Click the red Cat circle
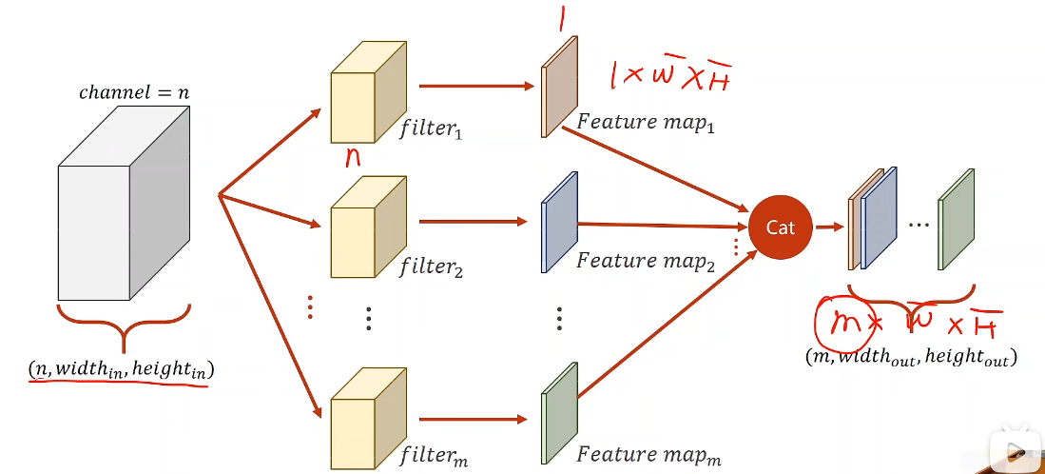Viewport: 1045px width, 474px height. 781,227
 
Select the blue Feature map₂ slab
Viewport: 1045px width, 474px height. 559,223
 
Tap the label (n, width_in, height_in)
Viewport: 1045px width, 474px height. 121,367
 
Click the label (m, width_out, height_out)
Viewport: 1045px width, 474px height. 910,358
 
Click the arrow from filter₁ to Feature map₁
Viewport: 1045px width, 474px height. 475,86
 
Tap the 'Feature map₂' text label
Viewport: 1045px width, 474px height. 646,261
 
